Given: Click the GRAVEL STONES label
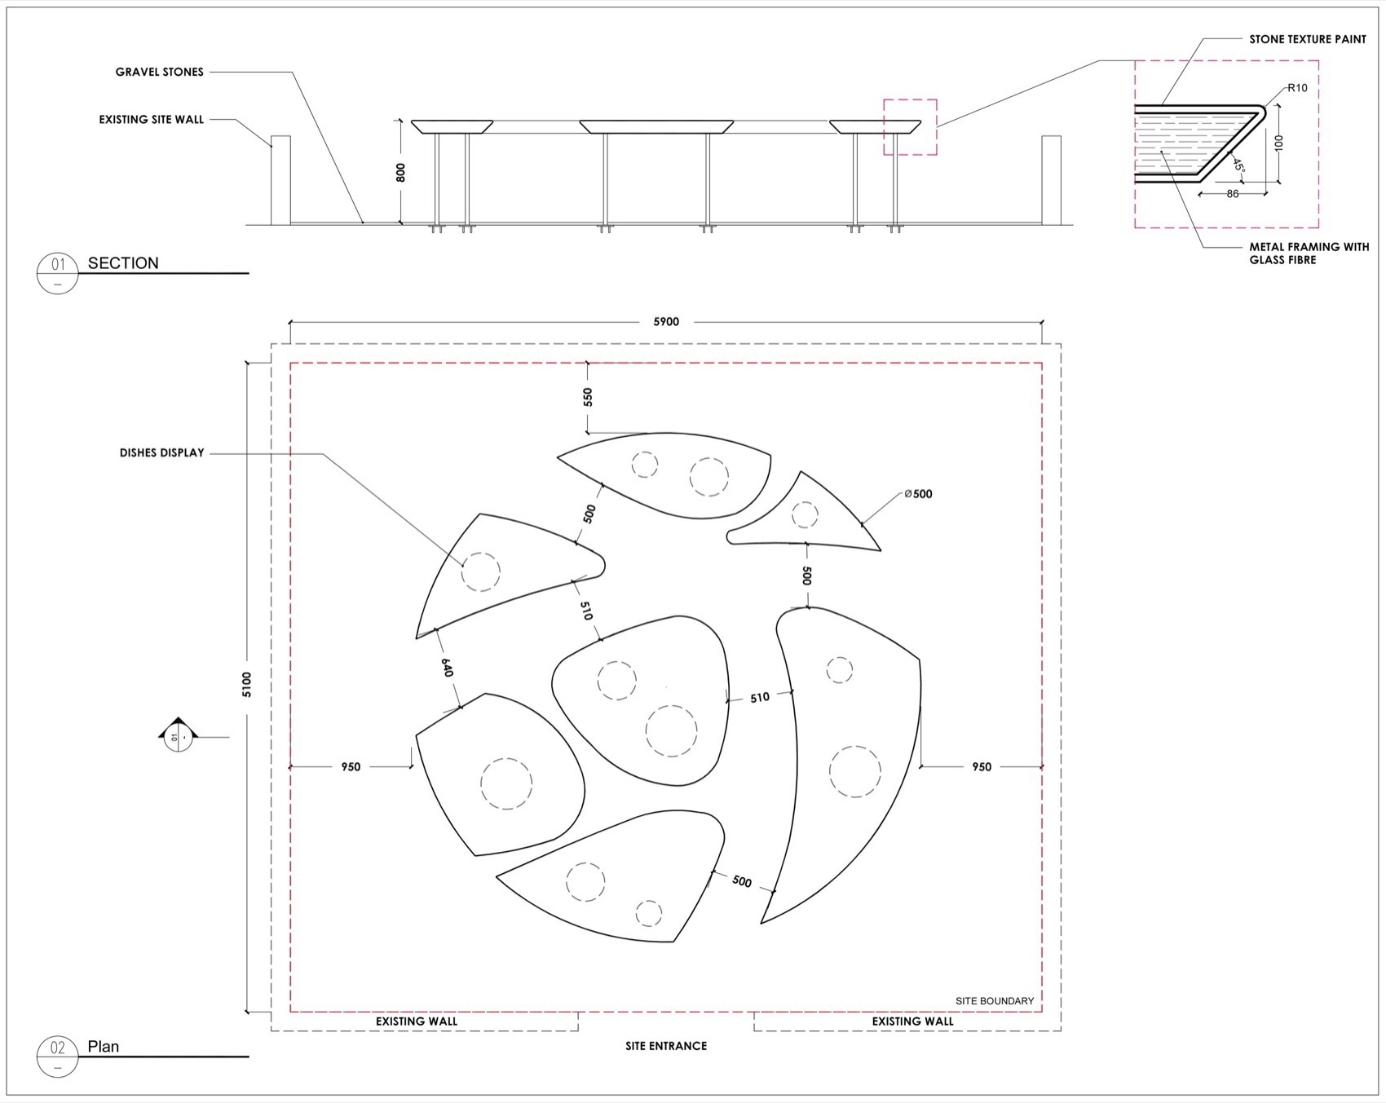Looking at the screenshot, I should [x=159, y=72].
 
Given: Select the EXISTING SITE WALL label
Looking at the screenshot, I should [x=152, y=120].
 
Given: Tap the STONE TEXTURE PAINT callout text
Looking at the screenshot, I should [x=1308, y=39].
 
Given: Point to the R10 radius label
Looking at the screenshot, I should [x=1297, y=88].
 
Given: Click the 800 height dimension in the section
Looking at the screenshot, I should [x=400, y=172].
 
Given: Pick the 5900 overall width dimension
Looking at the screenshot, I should [x=666, y=322].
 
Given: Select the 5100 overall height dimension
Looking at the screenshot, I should [x=247, y=684].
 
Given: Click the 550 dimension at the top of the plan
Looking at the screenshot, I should [x=588, y=397].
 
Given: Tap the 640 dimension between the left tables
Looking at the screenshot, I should [x=446, y=668].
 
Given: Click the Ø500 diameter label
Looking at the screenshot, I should [x=918, y=494].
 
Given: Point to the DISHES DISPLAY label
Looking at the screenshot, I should [x=161, y=453].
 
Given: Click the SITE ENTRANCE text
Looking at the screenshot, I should [x=666, y=1046].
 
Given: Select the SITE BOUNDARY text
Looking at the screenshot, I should [x=995, y=1001].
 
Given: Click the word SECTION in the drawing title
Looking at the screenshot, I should [x=123, y=263].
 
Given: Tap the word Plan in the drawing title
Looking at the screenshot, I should [x=104, y=1047].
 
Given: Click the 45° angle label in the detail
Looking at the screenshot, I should [x=1238, y=165].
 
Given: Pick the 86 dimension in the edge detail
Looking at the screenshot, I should [x=1233, y=194].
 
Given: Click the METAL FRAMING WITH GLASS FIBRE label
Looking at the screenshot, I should [x=1309, y=254].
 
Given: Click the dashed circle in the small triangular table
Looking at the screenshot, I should [x=805, y=515].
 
